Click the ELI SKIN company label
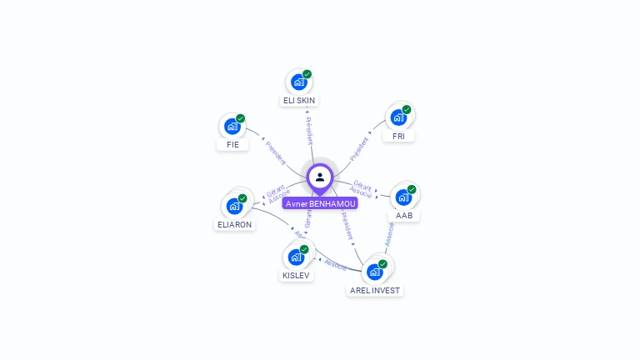tap(299, 100)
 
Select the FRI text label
tap(399, 136)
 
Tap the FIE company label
tap(232, 144)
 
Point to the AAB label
tap(404, 215)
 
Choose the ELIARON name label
tap(234, 224)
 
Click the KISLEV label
tap(296, 275)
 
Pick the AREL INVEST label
tap(375, 290)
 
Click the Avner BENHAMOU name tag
tap(321, 203)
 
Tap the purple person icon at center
tap(320, 177)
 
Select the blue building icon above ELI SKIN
tap(298, 82)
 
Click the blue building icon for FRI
tap(398, 117)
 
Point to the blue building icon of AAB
tap(403, 197)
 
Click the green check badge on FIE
tap(241, 118)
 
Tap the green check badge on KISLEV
tap(304, 249)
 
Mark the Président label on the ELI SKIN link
tap(309, 132)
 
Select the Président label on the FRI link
tap(359, 147)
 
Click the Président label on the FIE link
tap(276, 152)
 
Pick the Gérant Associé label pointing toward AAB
tap(362, 189)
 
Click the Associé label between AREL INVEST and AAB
tap(389, 234)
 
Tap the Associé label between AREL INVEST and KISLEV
tap(335, 264)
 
